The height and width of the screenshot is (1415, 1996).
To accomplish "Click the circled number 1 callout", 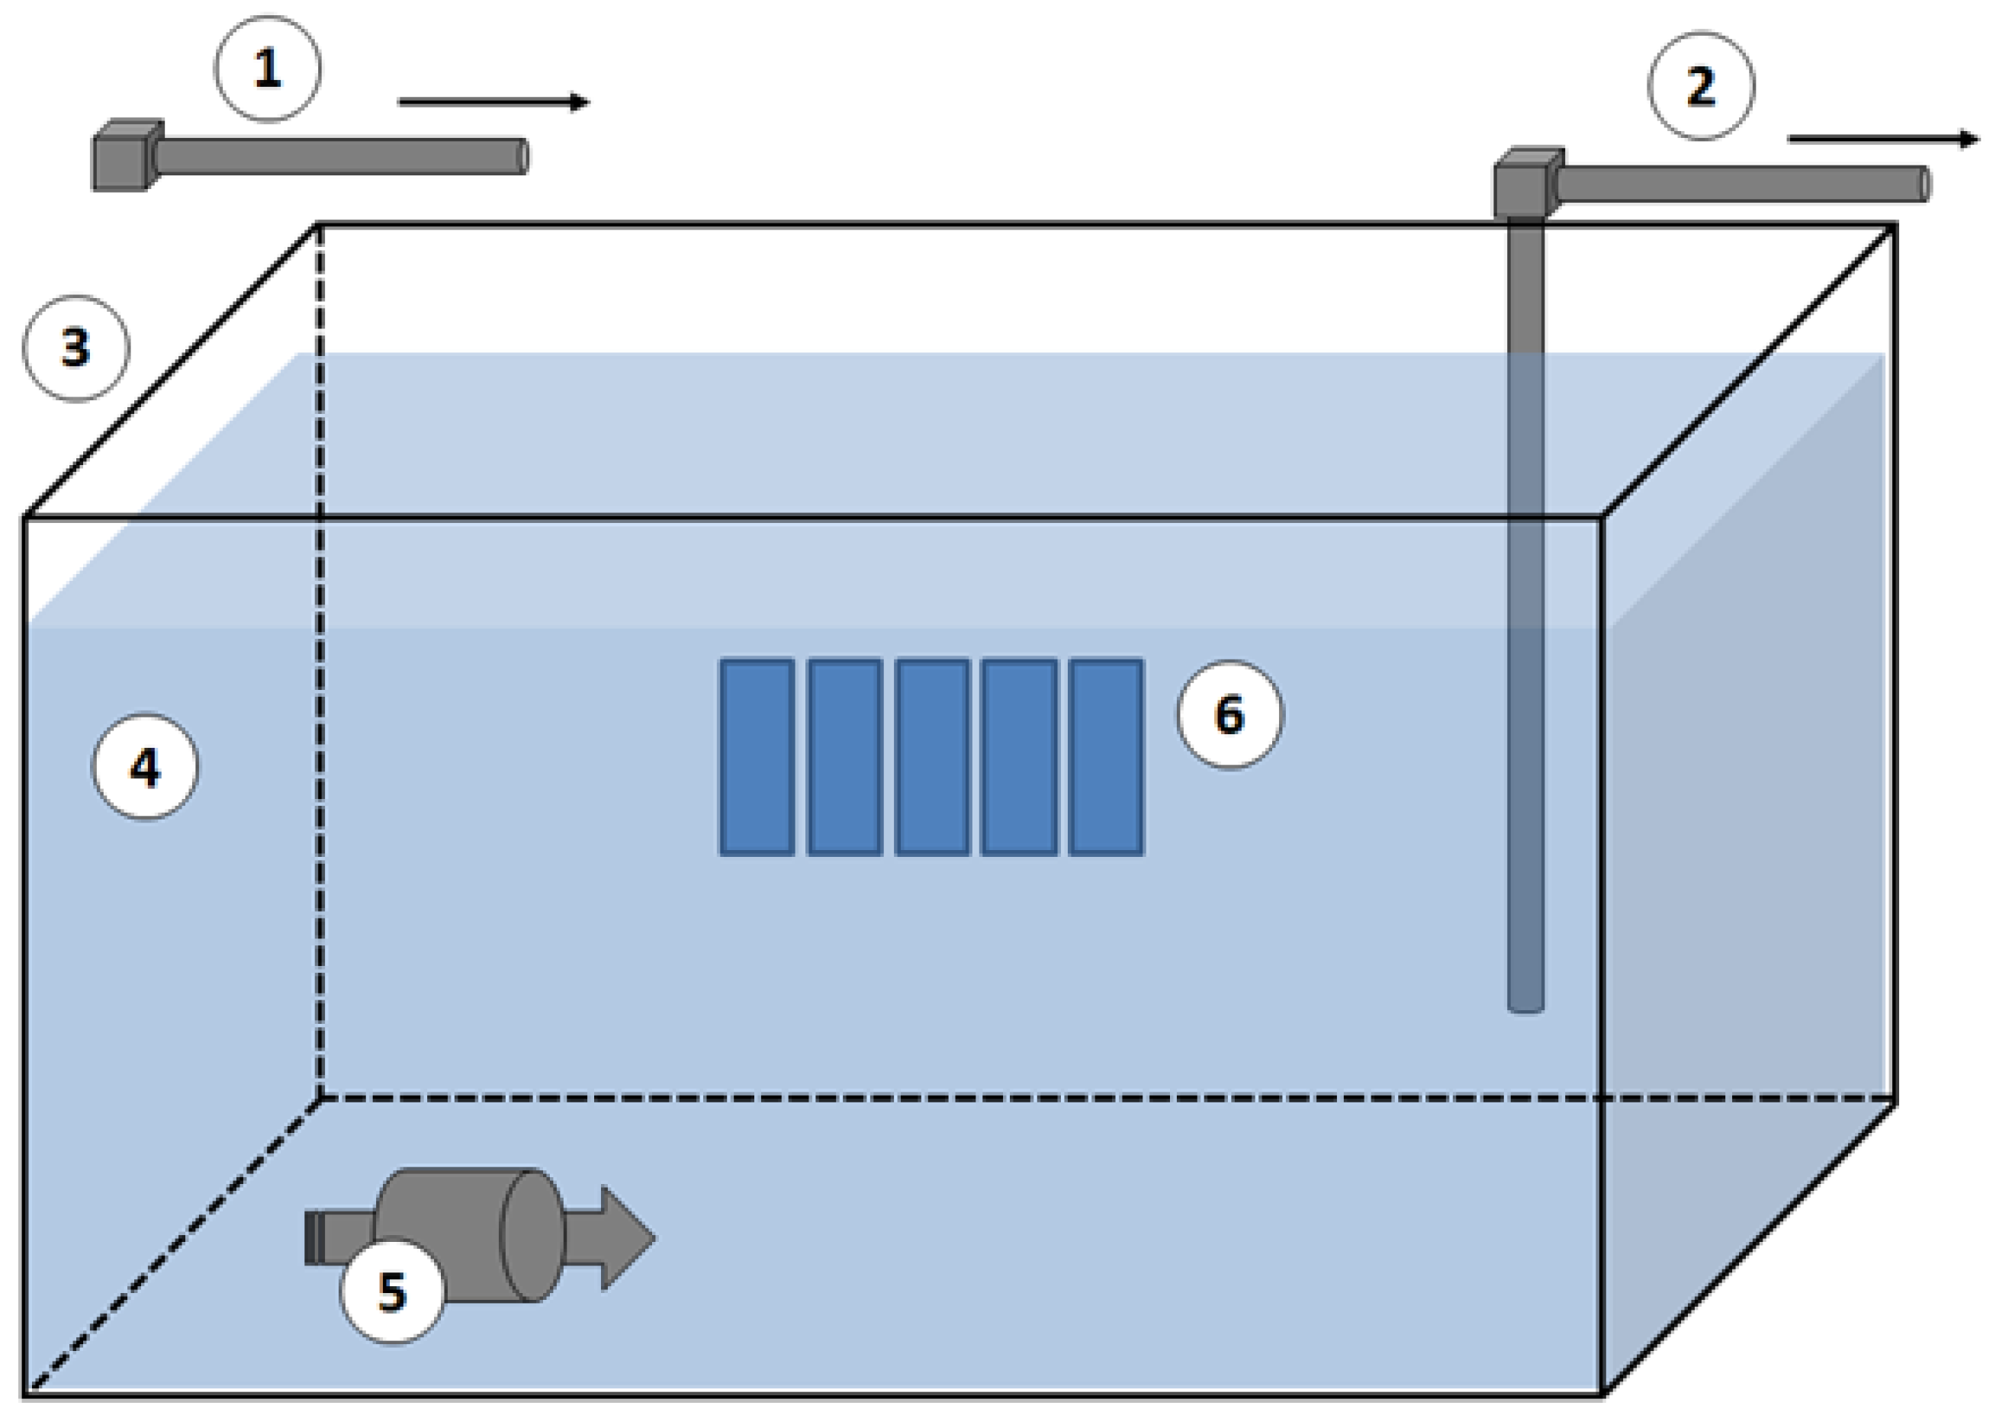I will coord(268,69).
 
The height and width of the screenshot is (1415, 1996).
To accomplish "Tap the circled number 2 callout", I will coord(1701,86).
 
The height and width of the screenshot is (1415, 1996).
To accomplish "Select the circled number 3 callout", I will coord(76,348).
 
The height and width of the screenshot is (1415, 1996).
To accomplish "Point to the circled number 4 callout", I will coord(146,768).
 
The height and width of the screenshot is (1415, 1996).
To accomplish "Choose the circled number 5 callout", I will coord(392,1291).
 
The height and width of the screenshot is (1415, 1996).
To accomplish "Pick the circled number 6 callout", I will coord(1229,714).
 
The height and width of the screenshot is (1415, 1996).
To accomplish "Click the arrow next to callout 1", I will coord(493,102).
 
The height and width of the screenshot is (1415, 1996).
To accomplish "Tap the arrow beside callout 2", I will coord(1882,139).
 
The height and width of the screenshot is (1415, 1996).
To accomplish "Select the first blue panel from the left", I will coord(757,756).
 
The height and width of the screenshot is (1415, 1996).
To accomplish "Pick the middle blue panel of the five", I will coord(932,756).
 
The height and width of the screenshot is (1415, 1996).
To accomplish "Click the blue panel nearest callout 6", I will coord(1106,756).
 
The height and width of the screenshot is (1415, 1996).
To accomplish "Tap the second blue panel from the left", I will coord(844,756).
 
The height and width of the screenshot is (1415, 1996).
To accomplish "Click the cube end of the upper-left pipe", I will coord(124,157).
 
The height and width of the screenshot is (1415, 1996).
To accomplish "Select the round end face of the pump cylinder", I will coord(532,1236).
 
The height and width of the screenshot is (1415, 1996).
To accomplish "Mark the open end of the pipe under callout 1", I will coord(523,157).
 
